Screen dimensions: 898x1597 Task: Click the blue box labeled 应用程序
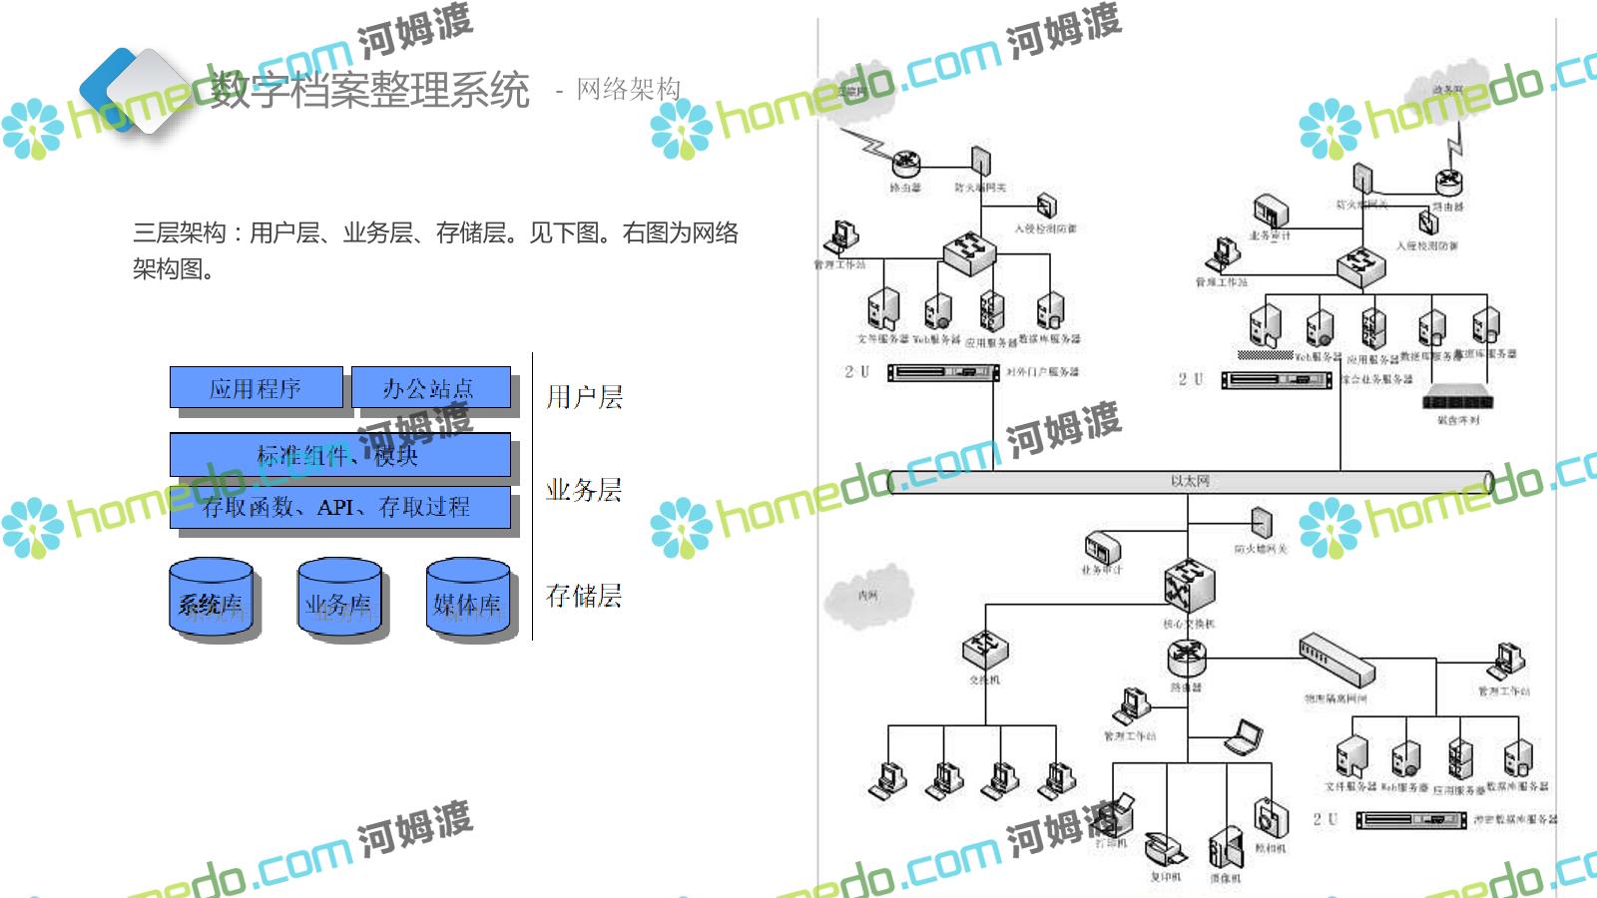[256, 388]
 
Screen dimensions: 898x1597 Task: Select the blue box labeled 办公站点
[429, 388]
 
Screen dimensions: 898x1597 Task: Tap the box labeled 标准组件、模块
[339, 455]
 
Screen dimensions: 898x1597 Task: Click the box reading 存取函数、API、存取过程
[339, 507]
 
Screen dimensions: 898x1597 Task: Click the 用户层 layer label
[584, 397]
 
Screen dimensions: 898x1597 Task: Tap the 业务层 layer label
[584, 490]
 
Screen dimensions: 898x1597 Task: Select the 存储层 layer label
[584, 596]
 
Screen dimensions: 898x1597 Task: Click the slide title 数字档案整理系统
[369, 90]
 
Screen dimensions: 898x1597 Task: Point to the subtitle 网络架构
[629, 89]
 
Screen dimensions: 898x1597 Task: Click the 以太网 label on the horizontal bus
[1190, 481]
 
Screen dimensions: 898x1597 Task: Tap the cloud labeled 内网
[868, 596]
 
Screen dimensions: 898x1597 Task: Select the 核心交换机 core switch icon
[1189, 584]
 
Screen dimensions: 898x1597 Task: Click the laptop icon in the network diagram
[1245, 738]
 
